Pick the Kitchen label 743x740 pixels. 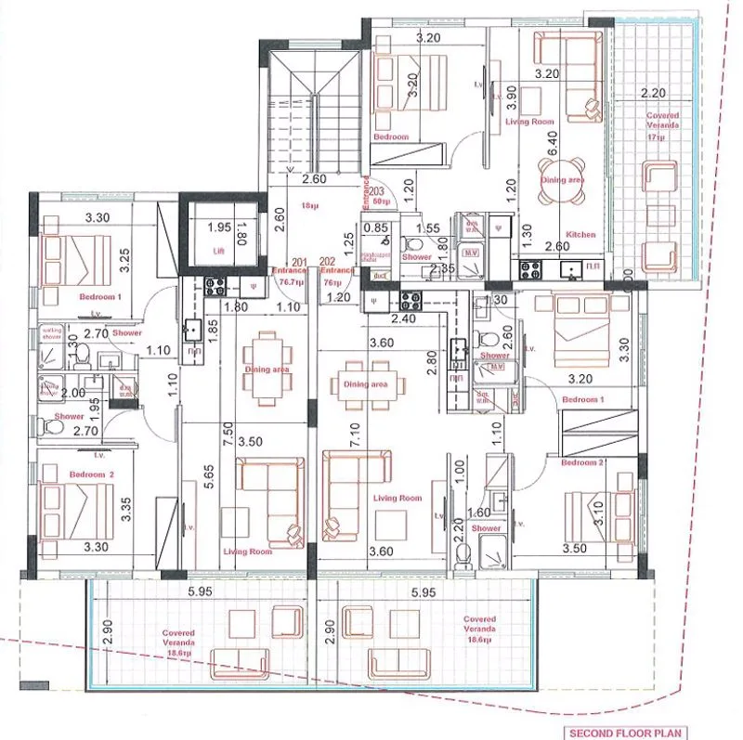click(x=580, y=235)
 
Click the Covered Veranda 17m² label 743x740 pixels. click(x=662, y=125)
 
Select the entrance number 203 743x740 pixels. click(x=377, y=190)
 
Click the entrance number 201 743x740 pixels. click(x=299, y=262)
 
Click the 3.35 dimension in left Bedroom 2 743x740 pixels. click(x=124, y=508)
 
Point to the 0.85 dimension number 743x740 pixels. click(x=376, y=227)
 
